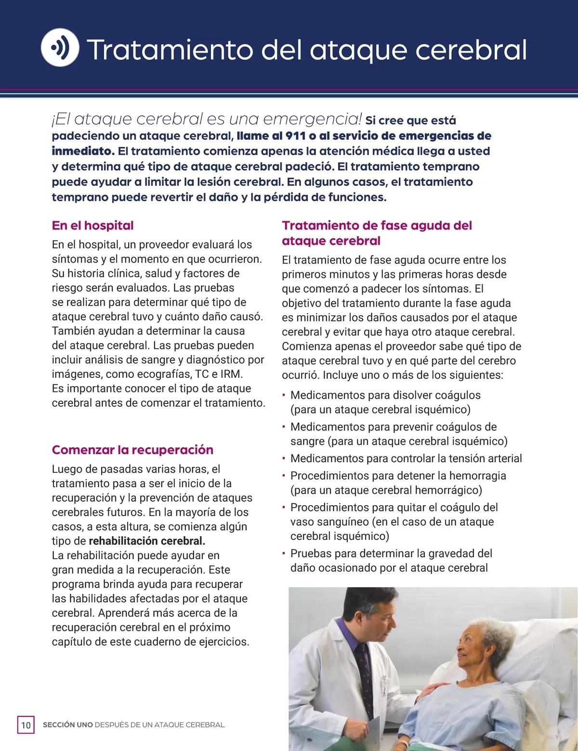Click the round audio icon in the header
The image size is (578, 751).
[x=60, y=47]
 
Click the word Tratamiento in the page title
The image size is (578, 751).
[x=170, y=50]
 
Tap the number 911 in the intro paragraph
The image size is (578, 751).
[x=295, y=135]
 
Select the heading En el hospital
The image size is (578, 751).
[x=92, y=226]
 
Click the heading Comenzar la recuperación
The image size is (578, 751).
[x=132, y=450]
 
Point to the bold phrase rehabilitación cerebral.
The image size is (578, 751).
[x=147, y=541]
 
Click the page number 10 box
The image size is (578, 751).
[x=26, y=725]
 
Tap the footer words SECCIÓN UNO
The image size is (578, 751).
[x=67, y=725]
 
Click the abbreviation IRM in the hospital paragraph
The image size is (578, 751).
[x=231, y=374]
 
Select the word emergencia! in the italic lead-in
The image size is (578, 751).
[x=313, y=119]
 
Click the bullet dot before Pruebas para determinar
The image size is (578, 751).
[x=284, y=553]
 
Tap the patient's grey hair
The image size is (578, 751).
[x=486, y=631]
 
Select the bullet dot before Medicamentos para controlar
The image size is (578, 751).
[x=284, y=458]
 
